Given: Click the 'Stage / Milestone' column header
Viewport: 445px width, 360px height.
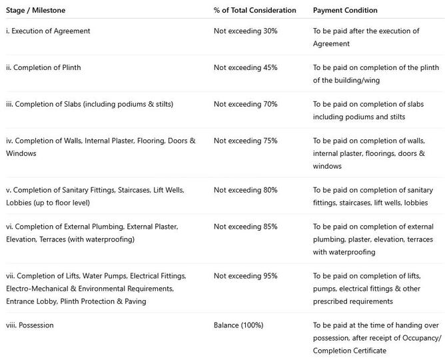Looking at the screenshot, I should [x=36, y=11].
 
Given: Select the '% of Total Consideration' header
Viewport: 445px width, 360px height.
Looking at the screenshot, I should [x=254, y=11].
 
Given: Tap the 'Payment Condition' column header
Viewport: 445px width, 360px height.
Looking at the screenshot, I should [x=345, y=11].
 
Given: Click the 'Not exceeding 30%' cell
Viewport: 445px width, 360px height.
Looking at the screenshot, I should [x=246, y=31].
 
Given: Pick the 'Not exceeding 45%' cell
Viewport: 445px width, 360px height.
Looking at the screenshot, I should [x=246, y=68].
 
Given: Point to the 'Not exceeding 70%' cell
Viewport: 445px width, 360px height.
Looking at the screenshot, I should [x=246, y=105].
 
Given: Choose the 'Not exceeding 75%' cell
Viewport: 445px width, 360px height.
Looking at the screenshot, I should [x=246, y=141].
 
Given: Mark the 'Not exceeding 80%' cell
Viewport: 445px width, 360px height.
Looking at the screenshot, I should [x=246, y=191].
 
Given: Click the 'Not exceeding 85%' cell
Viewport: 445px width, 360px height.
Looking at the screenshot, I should [x=246, y=227].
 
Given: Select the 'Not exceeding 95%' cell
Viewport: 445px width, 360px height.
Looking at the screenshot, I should [x=246, y=276].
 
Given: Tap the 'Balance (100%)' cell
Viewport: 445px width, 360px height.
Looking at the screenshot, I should [x=238, y=325].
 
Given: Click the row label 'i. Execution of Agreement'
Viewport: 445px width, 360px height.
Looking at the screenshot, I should [x=48, y=31].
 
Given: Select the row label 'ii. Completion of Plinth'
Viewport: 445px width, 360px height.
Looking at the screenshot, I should [x=43, y=68].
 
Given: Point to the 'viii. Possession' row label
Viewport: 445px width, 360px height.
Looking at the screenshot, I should [x=30, y=325].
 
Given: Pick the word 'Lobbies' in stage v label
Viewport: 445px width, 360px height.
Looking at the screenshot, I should [x=19, y=203].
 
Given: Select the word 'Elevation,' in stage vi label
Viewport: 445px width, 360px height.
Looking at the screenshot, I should [x=21, y=239].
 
